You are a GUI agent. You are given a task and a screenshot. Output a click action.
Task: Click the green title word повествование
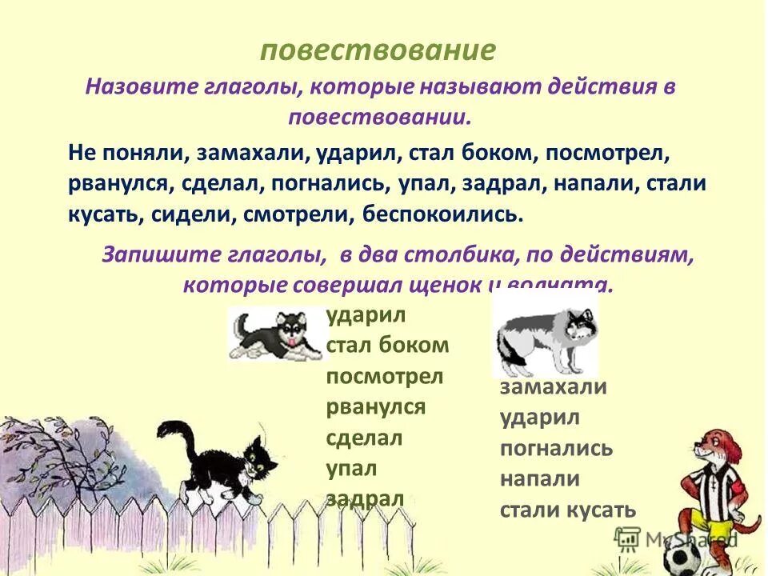pos(378,50)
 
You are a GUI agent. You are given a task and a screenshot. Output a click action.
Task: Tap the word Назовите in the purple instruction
pos(137,86)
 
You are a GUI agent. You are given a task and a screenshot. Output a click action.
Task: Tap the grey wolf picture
pos(543,336)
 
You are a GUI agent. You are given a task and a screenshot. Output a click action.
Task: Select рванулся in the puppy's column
pos(375,406)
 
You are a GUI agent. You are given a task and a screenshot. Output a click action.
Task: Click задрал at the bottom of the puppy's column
pos(365,498)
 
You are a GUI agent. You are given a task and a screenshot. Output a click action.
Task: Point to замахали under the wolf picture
pos(554,387)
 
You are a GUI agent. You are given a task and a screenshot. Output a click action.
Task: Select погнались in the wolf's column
pos(556,448)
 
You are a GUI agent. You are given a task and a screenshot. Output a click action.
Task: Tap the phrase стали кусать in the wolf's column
pos(567,510)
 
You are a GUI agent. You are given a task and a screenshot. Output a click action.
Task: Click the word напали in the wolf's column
pos(540,478)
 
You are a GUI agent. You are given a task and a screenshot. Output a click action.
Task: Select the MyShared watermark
pos(690,539)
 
